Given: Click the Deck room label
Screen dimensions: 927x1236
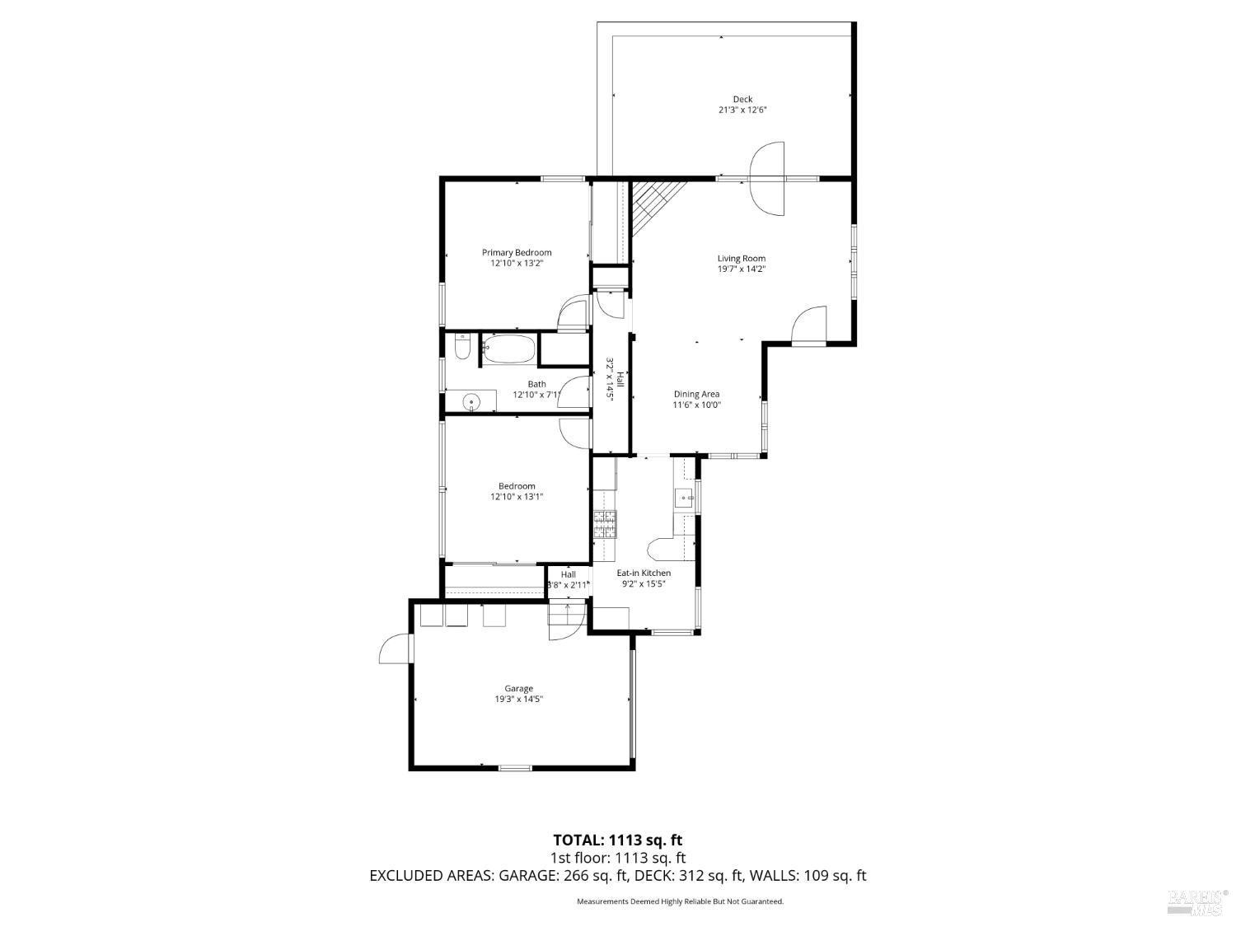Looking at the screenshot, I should click(x=742, y=99).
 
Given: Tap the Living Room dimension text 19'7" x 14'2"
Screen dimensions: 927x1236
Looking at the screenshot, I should click(x=742, y=269).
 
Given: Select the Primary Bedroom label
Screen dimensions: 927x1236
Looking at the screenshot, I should click(x=517, y=252).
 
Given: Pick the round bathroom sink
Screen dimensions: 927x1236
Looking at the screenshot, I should click(x=471, y=402).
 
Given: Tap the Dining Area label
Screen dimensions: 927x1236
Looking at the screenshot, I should click(x=696, y=394).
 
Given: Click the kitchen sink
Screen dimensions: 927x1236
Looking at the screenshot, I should click(x=683, y=497).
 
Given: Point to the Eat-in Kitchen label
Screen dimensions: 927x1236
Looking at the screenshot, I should click(x=644, y=573).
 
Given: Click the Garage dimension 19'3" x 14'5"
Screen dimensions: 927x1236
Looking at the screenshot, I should click(x=518, y=700).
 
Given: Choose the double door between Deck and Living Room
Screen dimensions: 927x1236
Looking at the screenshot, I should click(x=767, y=179).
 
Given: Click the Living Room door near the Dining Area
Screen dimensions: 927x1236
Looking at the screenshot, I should click(x=809, y=324).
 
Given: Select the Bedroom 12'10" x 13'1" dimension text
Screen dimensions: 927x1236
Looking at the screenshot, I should click(x=517, y=497).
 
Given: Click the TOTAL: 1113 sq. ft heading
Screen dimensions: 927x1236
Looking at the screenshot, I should click(x=617, y=840).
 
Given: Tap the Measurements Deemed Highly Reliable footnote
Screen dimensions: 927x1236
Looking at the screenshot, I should click(x=680, y=901).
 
